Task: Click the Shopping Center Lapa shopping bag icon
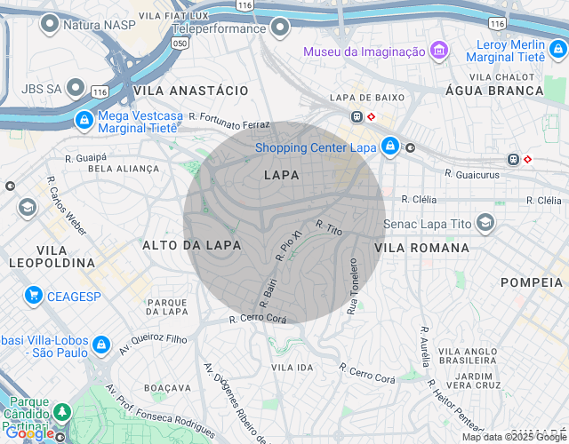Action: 389,147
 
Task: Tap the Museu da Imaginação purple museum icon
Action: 438,52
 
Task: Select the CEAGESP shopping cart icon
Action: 34,295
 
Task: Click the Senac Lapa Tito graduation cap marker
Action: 485,222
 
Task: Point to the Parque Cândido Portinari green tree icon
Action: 62,412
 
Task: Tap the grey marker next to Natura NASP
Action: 49,25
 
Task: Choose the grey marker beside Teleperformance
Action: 281,28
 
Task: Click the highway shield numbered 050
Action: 180,42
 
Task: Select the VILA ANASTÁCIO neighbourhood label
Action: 190,91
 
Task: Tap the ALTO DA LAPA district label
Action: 192,244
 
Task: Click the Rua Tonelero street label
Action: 353,286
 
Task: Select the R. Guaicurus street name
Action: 473,175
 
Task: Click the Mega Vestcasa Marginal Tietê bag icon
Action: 83,119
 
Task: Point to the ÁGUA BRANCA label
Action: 506,91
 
